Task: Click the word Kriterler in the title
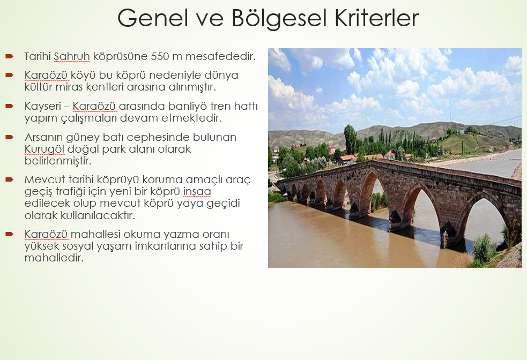[376, 18]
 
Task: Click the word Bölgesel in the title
[279, 18]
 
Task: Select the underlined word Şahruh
[72, 57]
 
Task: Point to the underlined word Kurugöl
[44, 149]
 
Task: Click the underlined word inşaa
[197, 191]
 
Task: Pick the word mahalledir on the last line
[54, 258]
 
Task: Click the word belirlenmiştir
[58, 161]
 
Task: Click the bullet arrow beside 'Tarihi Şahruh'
[10, 56]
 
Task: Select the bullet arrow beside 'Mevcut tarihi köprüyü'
[10, 179]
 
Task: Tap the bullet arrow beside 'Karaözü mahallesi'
[10, 234]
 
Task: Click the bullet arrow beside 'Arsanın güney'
[10, 137]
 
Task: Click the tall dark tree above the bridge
[350, 139]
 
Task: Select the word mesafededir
[220, 56]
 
